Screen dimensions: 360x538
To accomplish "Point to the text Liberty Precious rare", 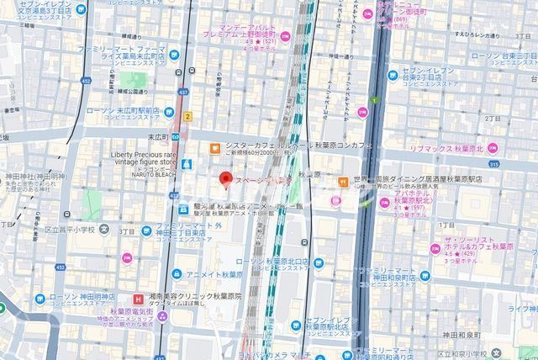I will click(x=146, y=155).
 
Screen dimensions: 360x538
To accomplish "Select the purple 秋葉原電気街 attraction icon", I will click(x=162, y=315).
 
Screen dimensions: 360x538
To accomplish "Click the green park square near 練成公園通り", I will click(x=129, y=80).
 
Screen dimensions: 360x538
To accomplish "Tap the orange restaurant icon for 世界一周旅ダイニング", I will click(x=343, y=181).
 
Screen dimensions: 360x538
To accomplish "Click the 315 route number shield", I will click(x=494, y=166).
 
